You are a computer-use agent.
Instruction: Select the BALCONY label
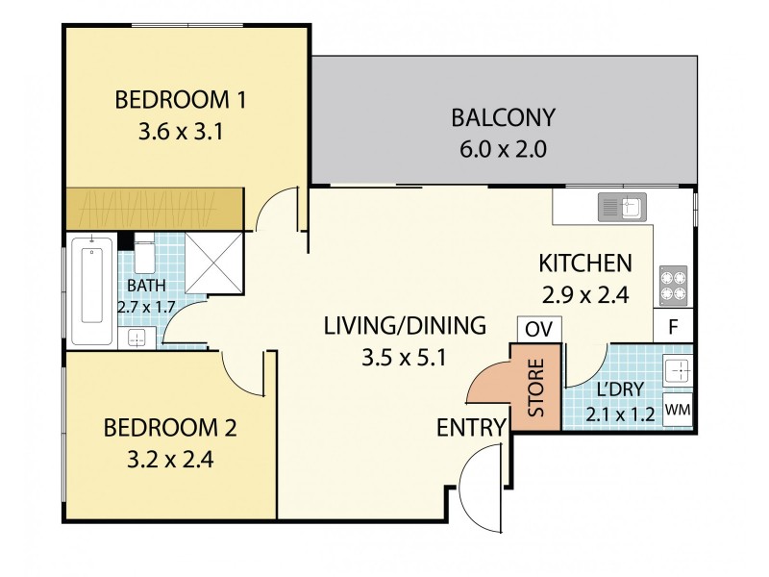(504, 118)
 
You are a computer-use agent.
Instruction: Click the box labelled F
(674, 325)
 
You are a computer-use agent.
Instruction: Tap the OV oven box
(539, 328)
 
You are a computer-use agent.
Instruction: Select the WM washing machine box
(678, 409)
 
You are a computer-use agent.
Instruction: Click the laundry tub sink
(677, 371)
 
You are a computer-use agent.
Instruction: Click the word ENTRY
(471, 427)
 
